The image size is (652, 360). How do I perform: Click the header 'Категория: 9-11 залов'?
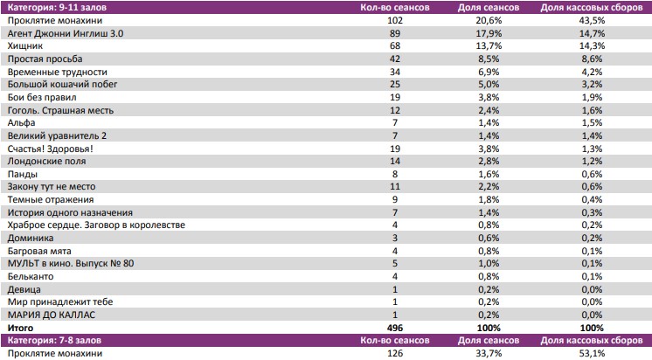click(59, 7)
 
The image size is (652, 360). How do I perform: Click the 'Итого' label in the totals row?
click(20, 327)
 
